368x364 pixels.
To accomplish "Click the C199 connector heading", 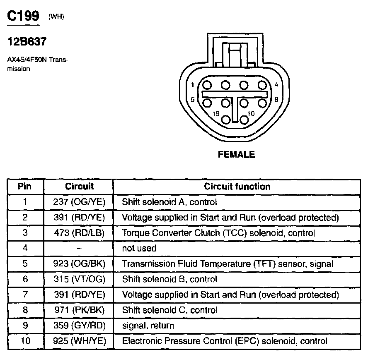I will click(x=23, y=17).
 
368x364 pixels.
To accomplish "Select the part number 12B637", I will click(x=27, y=42).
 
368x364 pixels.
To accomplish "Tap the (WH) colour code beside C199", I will click(x=56, y=17).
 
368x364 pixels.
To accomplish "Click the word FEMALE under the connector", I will click(x=236, y=155).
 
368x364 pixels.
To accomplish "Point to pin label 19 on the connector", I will click(x=215, y=113).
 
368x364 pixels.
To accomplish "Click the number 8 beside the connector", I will click(x=276, y=99).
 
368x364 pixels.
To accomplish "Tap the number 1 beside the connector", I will click(x=193, y=86).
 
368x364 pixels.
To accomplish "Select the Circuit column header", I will click(x=80, y=187).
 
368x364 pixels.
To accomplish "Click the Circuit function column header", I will click(x=237, y=187).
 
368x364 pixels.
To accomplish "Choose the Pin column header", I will click(x=25, y=187).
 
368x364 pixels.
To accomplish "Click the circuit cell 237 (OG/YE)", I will click(x=80, y=202).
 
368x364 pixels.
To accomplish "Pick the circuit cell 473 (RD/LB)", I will click(x=80, y=233).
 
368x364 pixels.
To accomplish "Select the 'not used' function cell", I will click(x=139, y=249).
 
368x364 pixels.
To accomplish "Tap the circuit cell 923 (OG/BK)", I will click(x=80, y=264).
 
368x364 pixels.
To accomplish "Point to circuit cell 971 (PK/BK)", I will click(x=80, y=310).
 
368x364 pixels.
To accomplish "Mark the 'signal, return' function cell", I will click(x=148, y=326).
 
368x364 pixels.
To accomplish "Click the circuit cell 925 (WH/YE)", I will click(x=80, y=341).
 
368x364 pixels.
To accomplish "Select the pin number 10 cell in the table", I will click(x=25, y=341).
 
